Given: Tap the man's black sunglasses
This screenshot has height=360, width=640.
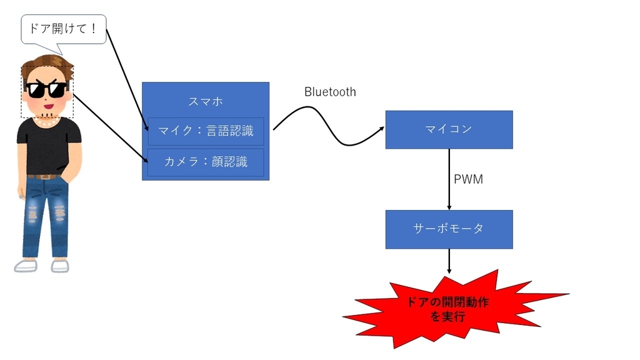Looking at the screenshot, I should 47,90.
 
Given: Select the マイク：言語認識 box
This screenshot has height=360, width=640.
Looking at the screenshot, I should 206,131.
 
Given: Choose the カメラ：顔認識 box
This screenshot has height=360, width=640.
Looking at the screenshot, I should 206,162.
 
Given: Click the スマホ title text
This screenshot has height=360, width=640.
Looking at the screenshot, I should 206,101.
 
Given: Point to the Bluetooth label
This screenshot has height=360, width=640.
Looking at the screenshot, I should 330,92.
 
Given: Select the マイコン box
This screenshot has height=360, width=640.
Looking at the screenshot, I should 449,129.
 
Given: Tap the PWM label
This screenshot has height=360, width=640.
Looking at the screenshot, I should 468,180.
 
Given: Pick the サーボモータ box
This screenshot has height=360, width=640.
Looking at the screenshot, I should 449,229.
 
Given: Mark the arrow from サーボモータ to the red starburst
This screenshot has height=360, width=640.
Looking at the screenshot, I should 449,261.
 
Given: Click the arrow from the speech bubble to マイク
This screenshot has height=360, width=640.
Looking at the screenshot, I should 128,81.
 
